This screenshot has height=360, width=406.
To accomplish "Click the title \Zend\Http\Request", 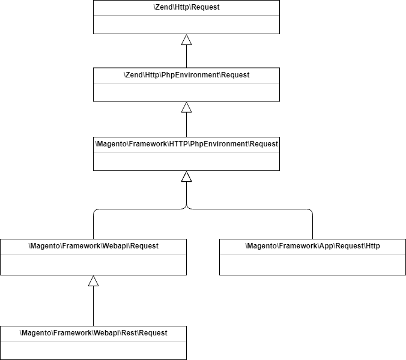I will [x=186, y=7].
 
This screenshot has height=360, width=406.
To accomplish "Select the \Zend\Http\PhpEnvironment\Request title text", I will [x=186, y=75].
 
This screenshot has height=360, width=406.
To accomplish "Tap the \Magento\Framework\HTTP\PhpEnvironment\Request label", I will [x=186, y=144].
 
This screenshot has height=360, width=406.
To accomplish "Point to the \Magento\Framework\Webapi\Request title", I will [x=93, y=246].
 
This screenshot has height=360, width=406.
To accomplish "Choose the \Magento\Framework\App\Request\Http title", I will [x=312, y=246].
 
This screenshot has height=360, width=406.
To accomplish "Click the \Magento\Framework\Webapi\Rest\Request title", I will [x=93, y=333].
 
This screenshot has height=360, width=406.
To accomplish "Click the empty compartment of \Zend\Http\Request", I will [x=186, y=24].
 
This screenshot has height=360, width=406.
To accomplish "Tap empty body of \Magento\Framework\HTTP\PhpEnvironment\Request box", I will [x=186, y=161].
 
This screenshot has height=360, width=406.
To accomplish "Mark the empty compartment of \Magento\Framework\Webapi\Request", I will [x=93, y=264].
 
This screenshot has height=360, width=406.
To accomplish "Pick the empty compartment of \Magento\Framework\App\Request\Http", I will [x=312, y=264].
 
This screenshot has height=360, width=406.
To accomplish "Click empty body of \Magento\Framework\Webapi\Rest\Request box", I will [x=93, y=350].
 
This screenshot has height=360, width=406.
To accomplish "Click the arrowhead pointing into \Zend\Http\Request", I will [x=186, y=40].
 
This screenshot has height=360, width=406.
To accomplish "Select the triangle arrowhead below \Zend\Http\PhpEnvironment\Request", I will [x=186, y=107].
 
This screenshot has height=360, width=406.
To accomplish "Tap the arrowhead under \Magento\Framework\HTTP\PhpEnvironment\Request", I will [x=186, y=176].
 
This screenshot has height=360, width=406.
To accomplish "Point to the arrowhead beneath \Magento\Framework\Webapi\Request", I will [x=93, y=281].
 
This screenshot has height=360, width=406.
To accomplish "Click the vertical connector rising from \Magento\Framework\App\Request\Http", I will [x=313, y=227].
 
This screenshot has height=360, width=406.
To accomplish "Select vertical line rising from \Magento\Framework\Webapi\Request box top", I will [x=93, y=227].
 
